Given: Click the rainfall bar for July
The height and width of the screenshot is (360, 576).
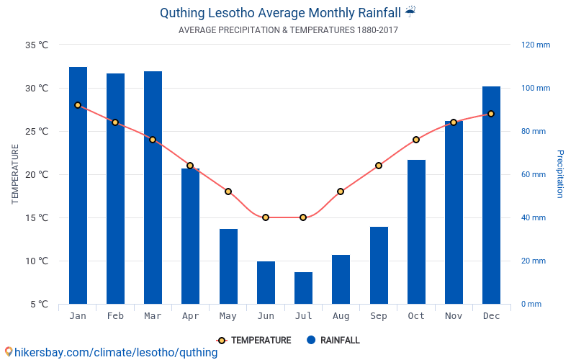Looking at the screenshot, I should click(303, 288).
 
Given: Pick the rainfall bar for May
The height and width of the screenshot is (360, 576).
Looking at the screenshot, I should click(228, 266).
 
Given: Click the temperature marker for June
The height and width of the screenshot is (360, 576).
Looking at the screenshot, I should click(266, 217).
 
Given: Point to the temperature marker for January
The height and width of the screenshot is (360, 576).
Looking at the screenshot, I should click(78, 105).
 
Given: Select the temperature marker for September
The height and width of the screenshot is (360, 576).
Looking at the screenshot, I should click(379, 166).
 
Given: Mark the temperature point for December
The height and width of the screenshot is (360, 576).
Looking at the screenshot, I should click(491, 114).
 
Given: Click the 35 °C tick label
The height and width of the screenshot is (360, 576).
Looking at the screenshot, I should click(37, 45).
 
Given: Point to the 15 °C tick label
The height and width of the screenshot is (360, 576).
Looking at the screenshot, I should click(37, 218).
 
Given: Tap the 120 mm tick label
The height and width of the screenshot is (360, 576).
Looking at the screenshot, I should click(535, 45).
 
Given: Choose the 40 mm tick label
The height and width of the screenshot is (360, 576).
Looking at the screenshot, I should click(534, 218).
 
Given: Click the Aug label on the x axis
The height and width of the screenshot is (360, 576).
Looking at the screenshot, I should click(341, 316).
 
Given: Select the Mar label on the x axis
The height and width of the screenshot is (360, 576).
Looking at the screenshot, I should click(153, 316).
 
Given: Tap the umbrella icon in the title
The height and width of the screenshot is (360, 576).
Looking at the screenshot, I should click(410, 12).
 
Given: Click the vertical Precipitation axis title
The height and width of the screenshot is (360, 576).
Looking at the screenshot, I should click(559, 174).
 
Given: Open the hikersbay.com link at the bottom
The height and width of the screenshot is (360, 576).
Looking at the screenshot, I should click(115, 353).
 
